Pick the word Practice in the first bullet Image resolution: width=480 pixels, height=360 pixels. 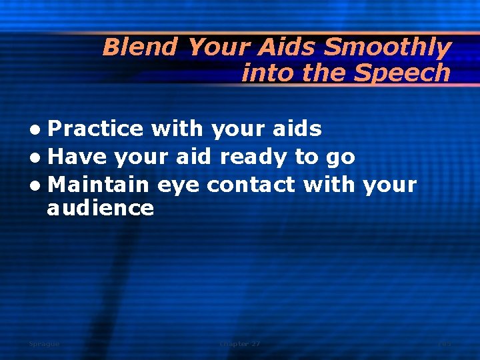(96, 128)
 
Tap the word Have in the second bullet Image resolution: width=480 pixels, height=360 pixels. (77, 157)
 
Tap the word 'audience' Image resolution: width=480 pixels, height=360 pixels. (101, 208)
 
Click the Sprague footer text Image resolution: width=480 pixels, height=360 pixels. (44, 343)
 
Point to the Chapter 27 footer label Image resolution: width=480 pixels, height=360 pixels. (240, 343)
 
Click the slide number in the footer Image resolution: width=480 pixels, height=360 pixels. (444, 343)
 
